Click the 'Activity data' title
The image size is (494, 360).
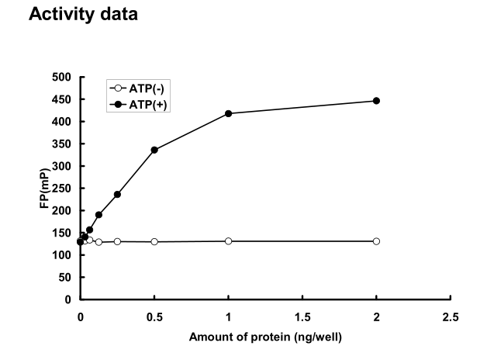pos(83,15)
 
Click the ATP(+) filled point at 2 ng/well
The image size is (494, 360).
pos(376,101)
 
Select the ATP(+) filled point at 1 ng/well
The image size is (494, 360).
pos(228,114)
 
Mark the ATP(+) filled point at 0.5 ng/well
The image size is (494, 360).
pos(154,150)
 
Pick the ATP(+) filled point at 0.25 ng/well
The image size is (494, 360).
pos(117,194)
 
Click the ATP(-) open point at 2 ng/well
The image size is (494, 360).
pos(376,241)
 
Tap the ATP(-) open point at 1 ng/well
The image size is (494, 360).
pos(228,241)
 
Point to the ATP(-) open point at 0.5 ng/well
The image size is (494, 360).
pos(154,242)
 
